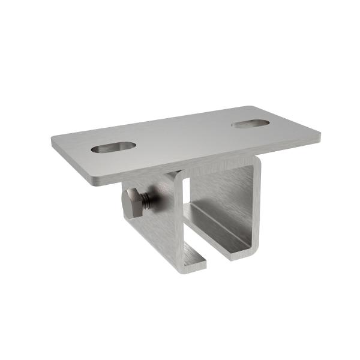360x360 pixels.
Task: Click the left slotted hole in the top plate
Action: click(113, 147)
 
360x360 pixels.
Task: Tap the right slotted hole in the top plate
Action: click(251, 124)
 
